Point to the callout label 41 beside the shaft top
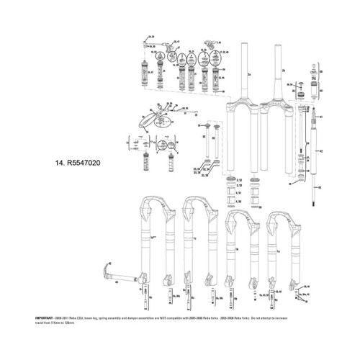tap(322, 116)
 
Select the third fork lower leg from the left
tap(238, 245)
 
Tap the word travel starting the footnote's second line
tap(40, 323)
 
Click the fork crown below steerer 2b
tap(278, 115)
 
